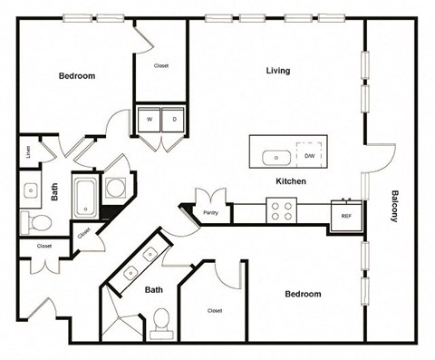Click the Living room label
[277, 71]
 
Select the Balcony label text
[396, 206]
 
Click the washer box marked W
[148, 119]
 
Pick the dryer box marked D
[174, 119]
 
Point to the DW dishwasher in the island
[310, 157]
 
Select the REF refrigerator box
[345, 216]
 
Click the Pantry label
[210, 213]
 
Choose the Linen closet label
[28, 152]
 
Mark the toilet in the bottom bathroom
[162, 319]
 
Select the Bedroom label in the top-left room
[77, 76]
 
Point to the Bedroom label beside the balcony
[303, 294]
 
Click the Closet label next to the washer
[161, 66]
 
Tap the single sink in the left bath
[30, 190]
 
